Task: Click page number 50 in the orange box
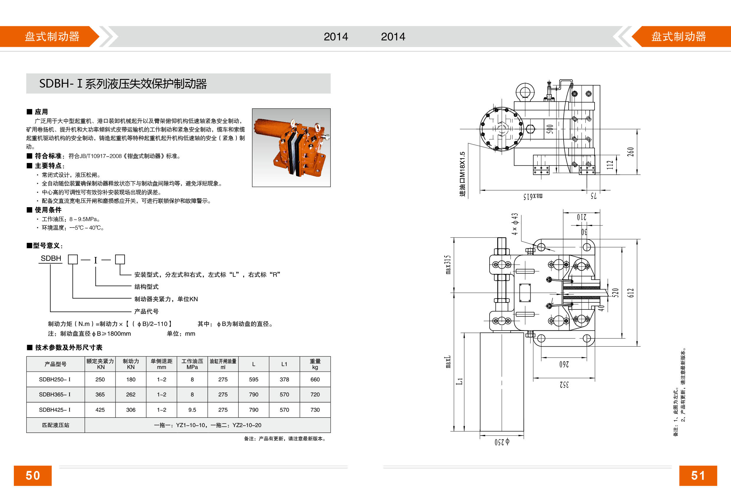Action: click(x=32, y=475)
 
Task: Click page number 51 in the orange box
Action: click(x=698, y=475)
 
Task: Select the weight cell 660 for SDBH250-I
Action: click(x=315, y=379)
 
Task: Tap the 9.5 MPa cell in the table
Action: click(x=192, y=410)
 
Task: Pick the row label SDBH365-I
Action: click(x=55, y=394)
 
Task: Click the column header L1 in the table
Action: click(x=284, y=364)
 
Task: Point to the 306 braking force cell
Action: click(x=131, y=410)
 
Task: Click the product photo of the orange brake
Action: click(x=291, y=148)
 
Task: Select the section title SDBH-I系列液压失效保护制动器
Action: click(x=123, y=84)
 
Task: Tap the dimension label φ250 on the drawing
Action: click(x=502, y=442)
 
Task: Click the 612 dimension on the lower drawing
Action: click(x=630, y=293)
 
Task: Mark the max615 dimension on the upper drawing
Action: click(x=533, y=196)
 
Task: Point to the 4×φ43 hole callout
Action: click(x=514, y=224)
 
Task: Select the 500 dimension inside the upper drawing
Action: click(x=549, y=129)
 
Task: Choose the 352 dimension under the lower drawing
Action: click(x=564, y=384)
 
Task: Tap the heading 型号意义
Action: click(x=45, y=245)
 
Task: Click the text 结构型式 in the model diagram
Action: click(x=146, y=286)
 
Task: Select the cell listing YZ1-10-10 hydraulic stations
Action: click(x=207, y=425)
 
